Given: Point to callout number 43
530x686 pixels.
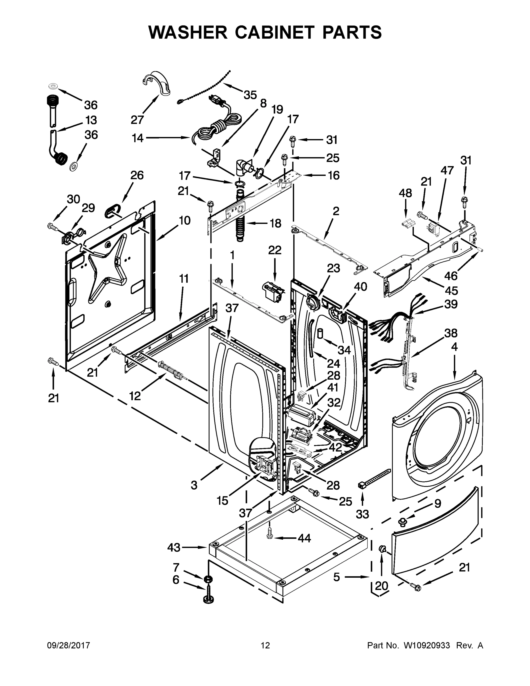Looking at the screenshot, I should (x=174, y=547).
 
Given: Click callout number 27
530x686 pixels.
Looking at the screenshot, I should (x=137, y=120).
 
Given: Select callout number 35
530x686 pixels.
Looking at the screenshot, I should (x=250, y=95).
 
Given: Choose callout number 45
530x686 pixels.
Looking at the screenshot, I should (x=451, y=290).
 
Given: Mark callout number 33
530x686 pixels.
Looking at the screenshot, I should (x=362, y=514).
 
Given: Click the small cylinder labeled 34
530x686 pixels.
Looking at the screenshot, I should (x=320, y=333).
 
